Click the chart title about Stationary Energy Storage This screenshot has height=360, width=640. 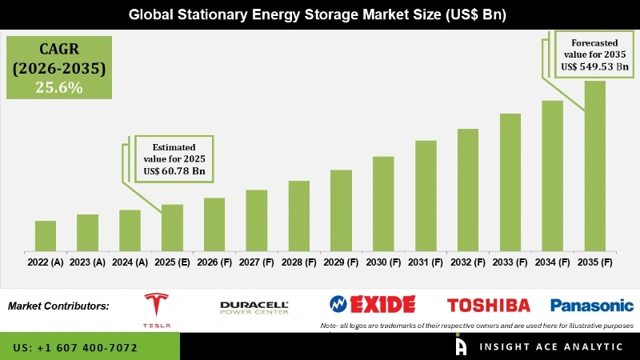coord(320,14)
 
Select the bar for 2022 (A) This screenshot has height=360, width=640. coord(46,235)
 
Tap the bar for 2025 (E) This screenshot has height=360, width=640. coord(172,227)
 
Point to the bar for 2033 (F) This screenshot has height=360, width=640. coord(510,182)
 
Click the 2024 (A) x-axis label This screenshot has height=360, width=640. coord(130,262)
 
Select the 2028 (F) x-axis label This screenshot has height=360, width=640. coord(298,262)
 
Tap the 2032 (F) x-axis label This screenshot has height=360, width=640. coord(468,262)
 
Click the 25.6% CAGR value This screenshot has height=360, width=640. coord(58,87)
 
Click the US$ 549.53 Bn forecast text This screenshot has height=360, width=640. coord(594,67)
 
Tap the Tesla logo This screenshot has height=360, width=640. coord(157,309)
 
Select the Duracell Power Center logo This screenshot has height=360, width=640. coord(254,306)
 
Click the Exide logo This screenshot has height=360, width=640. coord(373,304)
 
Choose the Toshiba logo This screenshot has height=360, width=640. coord(488,305)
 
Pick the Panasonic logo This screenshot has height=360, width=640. coord(591,305)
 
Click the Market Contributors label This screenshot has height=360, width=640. coord(58,306)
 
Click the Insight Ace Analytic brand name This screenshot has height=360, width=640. coord(550,346)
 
